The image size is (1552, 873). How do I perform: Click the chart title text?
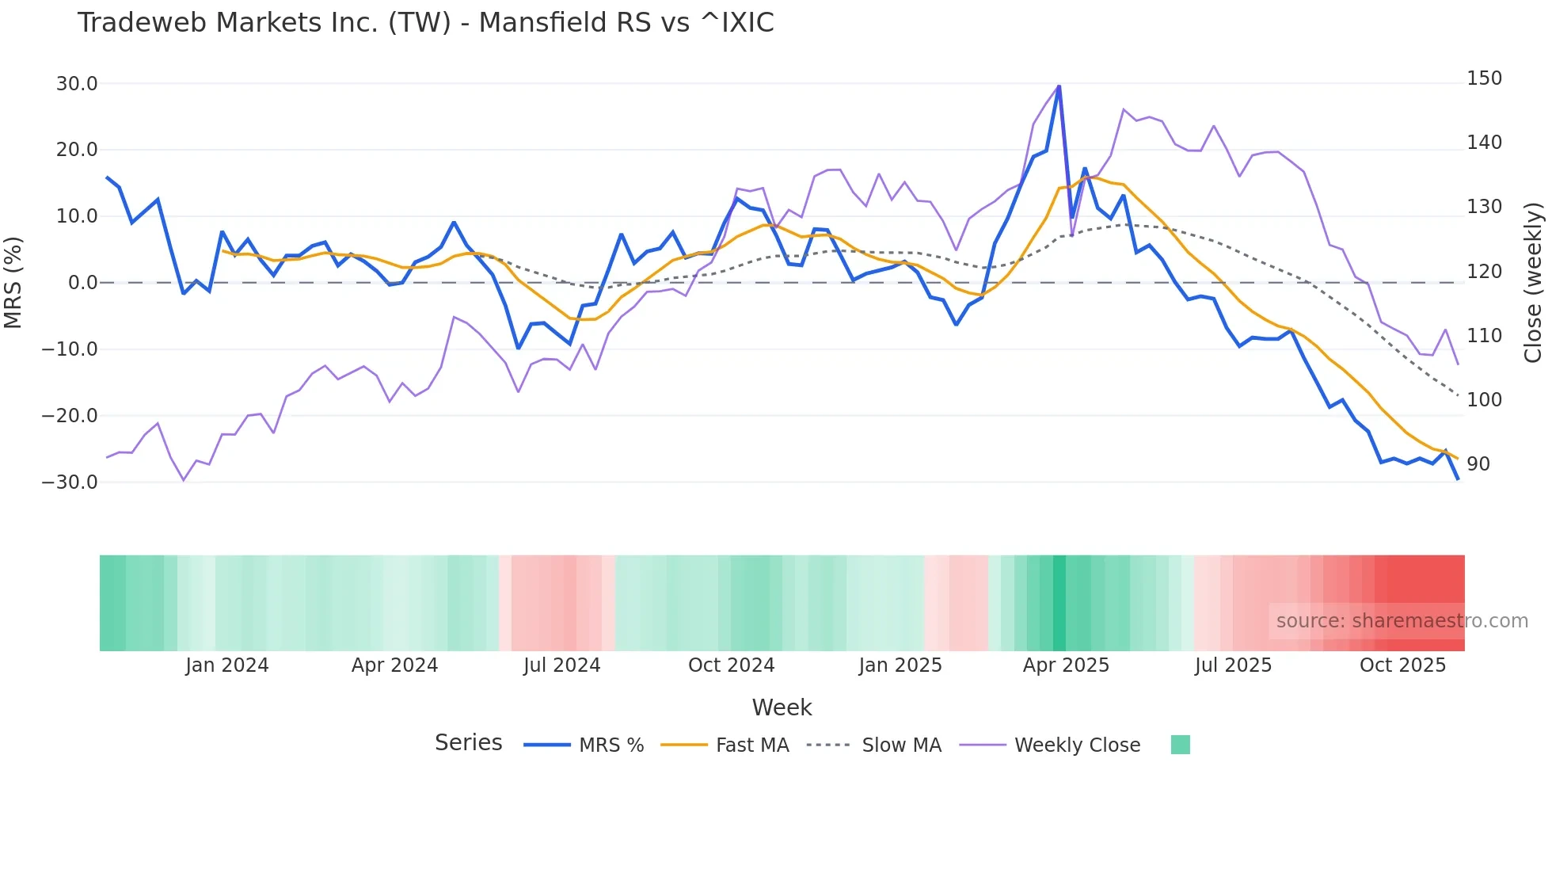click(425, 23)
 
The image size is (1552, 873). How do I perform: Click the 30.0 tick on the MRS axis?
click(77, 84)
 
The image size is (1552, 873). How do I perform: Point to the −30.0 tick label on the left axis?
click(70, 482)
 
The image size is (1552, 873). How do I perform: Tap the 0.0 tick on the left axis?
click(82, 283)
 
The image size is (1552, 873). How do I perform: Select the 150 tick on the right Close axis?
click(1484, 78)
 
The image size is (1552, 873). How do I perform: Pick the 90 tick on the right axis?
click(1478, 464)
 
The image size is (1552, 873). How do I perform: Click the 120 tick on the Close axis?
click(1484, 272)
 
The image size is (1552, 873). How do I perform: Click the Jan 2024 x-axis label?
click(227, 665)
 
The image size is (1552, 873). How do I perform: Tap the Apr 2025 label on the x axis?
click(1066, 665)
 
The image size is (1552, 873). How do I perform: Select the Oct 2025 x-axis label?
click(1402, 665)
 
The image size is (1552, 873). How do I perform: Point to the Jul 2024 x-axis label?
click(561, 665)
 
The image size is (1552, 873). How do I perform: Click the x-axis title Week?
click(782, 707)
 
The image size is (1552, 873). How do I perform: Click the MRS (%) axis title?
click(13, 282)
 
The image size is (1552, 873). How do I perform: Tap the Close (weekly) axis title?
click(1534, 282)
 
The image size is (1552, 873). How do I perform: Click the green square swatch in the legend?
click(1180, 745)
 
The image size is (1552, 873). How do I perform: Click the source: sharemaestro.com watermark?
click(1402, 621)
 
